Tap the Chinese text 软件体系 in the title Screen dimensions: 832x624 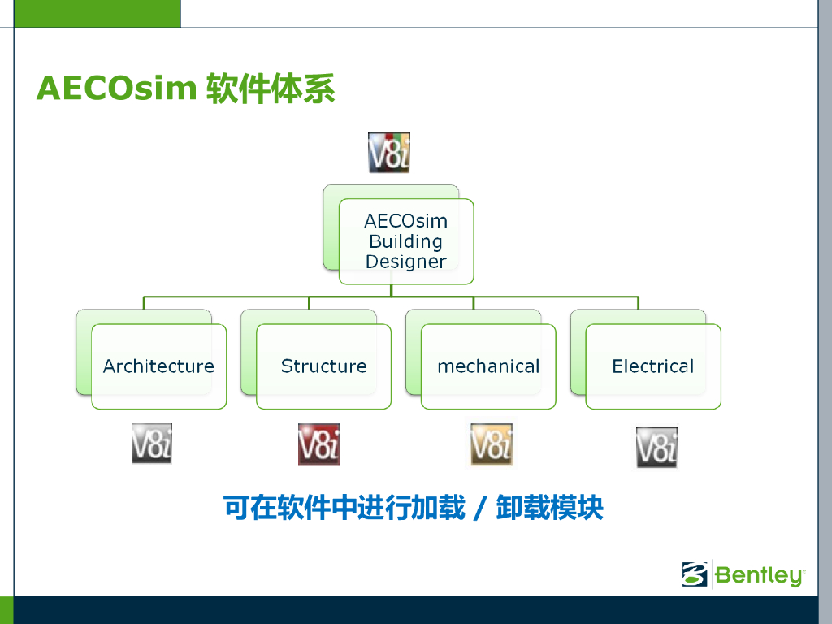(271, 88)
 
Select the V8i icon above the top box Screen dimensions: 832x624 (389, 153)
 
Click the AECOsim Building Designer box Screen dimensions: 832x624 (405, 241)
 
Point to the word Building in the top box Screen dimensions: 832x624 (405, 241)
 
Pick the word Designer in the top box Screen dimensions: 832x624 (405, 262)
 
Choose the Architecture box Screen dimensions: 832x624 (158, 366)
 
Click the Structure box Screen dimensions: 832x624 (323, 366)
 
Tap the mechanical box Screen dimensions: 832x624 (488, 366)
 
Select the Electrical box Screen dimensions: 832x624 (653, 366)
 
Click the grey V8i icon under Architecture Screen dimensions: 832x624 (152, 444)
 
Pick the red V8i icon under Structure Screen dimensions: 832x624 (318, 444)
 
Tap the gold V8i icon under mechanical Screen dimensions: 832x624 (492, 444)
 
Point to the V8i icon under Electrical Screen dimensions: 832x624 (656, 448)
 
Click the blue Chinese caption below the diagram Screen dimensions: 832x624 (414, 508)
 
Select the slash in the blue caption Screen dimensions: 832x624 (480, 509)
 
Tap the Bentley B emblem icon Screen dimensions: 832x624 (695, 574)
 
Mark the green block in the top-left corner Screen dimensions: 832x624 (89, 13)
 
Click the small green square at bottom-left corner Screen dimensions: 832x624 (6, 610)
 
